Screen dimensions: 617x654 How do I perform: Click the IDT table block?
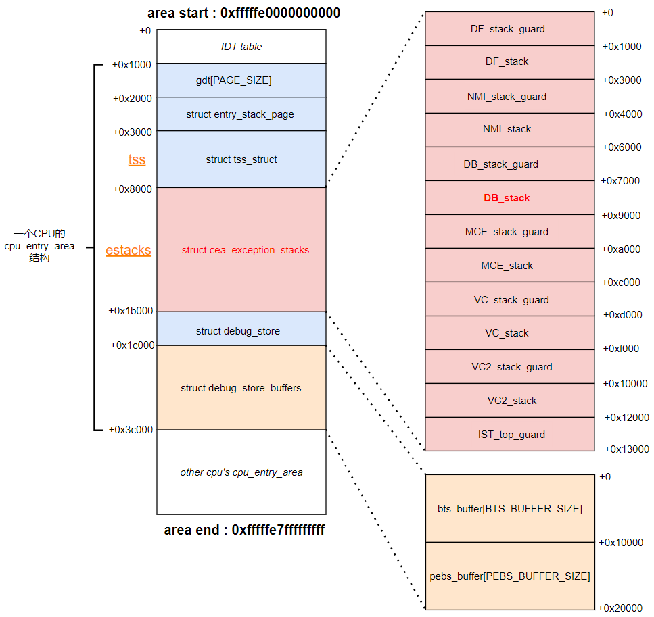click(241, 47)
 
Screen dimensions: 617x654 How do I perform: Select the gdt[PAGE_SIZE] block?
click(233, 80)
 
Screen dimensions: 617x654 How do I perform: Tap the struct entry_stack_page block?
click(240, 114)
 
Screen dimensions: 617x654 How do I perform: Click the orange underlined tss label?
click(137, 160)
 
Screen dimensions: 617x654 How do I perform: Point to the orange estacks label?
click(128, 251)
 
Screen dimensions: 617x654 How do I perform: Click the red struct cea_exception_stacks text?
click(245, 250)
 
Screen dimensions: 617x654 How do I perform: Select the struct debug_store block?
click(237, 331)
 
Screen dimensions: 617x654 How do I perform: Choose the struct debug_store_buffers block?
click(241, 388)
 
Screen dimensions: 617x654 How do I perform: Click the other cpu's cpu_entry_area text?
click(241, 472)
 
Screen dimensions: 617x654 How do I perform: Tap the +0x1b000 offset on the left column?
click(131, 311)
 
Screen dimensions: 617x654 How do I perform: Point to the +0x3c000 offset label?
click(131, 429)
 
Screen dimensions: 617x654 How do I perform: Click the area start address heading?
click(243, 14)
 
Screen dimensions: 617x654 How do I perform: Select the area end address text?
click(244, 530)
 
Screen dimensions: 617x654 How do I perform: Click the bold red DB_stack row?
click(507, 198)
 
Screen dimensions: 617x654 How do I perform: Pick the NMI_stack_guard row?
click(507, 97)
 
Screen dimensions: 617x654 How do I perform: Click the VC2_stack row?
click(511, 401)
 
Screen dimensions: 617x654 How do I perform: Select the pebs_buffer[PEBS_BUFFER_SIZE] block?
click(509, 576)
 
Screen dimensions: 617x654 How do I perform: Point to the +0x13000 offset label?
click(626, 449)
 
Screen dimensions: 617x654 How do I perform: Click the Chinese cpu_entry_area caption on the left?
click(39, 246)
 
